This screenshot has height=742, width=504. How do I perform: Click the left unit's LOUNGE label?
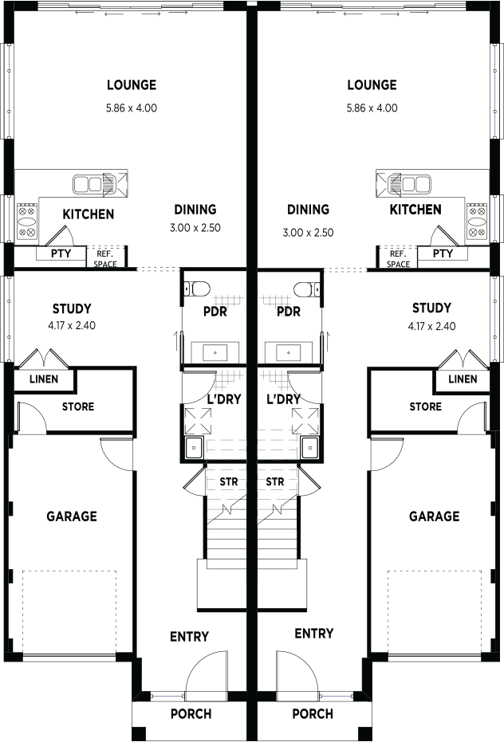coord(132,85)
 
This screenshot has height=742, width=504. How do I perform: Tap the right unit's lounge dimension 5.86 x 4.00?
coord(372,108)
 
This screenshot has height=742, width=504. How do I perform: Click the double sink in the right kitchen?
coord(410,183)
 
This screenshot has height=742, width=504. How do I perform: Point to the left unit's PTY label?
coord(61,253)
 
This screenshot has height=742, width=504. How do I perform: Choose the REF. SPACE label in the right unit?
coord(398,259)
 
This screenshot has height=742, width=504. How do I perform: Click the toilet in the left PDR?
coord(197,288)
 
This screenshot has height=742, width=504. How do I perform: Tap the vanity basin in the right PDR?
coord(288,352)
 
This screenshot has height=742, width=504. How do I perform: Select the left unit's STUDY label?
coord(72,309)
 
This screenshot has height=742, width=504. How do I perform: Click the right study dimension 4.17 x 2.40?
coord(431,326)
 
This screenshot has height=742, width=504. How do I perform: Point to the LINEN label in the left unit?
coord(44,379)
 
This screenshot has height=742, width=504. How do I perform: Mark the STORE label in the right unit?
coord(425,406)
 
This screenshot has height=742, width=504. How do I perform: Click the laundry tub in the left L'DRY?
coord(194,448)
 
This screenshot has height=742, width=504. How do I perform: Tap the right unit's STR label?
coord(275,481)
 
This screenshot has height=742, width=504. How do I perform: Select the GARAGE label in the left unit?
coord(72,516)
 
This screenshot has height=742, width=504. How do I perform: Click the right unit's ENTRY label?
coord(314,633)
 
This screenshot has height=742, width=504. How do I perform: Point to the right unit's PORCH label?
coord(313,713)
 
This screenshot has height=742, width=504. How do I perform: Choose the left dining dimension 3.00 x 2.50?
coord(195,228)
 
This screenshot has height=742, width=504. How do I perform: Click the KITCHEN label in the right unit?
coord(415,210)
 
